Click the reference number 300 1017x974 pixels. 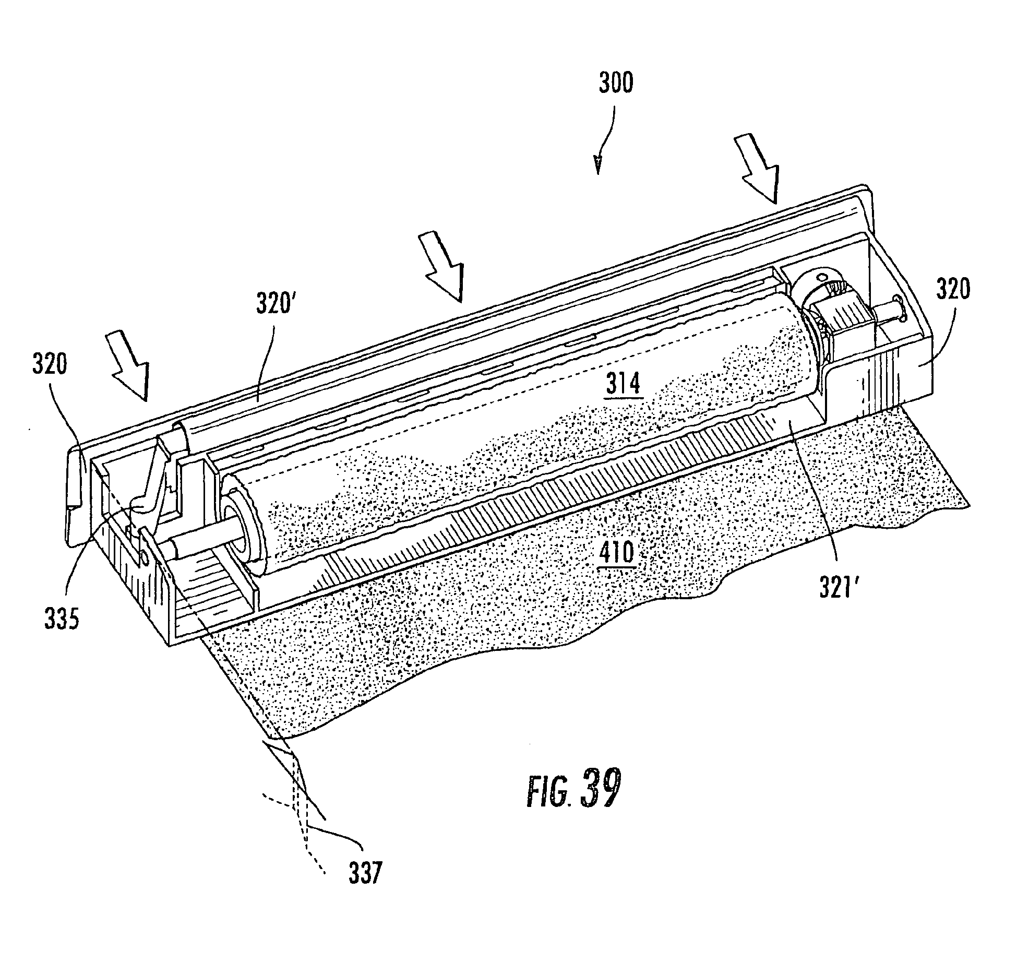pyautogui.click(x=616, y=84)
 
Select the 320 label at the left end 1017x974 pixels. pyautogui.click(x=50, y=365)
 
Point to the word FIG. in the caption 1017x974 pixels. pyautogui.click(x=545, y=794)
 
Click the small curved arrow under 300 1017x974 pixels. pyautogui.click(x=604, y=141)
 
